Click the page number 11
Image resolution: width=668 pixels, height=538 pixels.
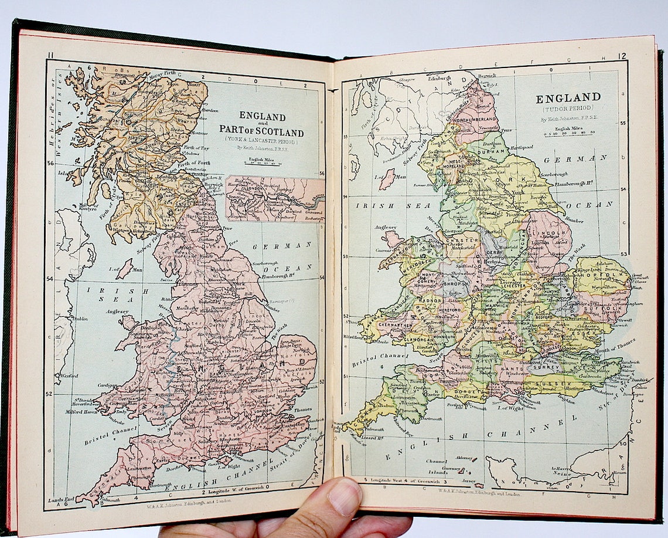(51, 56)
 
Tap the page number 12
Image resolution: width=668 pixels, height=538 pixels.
(621, 56)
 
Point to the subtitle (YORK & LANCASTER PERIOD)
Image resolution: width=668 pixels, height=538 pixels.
(261, 141)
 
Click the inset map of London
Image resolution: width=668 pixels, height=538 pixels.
(275, 199)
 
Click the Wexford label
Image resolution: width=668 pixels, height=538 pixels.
(68, 375)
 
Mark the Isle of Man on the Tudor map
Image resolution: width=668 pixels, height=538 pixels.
(386, 179)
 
